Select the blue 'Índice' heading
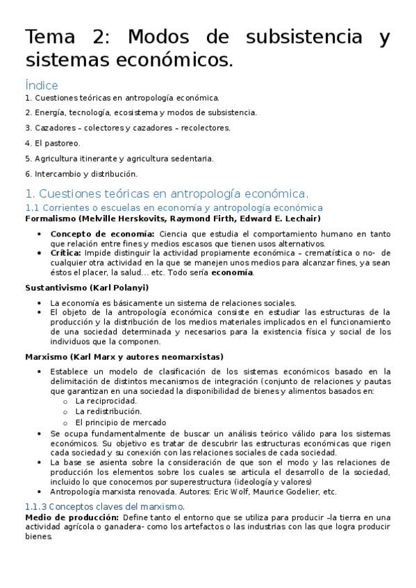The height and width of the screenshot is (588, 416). point(41,85)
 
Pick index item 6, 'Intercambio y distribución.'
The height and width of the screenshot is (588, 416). point(81,174)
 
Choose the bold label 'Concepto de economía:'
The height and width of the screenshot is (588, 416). point(103,234)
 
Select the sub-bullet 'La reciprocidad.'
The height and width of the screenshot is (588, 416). point(106,401)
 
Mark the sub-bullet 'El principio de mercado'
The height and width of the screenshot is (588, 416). point(120,422)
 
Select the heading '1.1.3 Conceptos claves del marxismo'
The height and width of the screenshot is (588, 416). point(104,507)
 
